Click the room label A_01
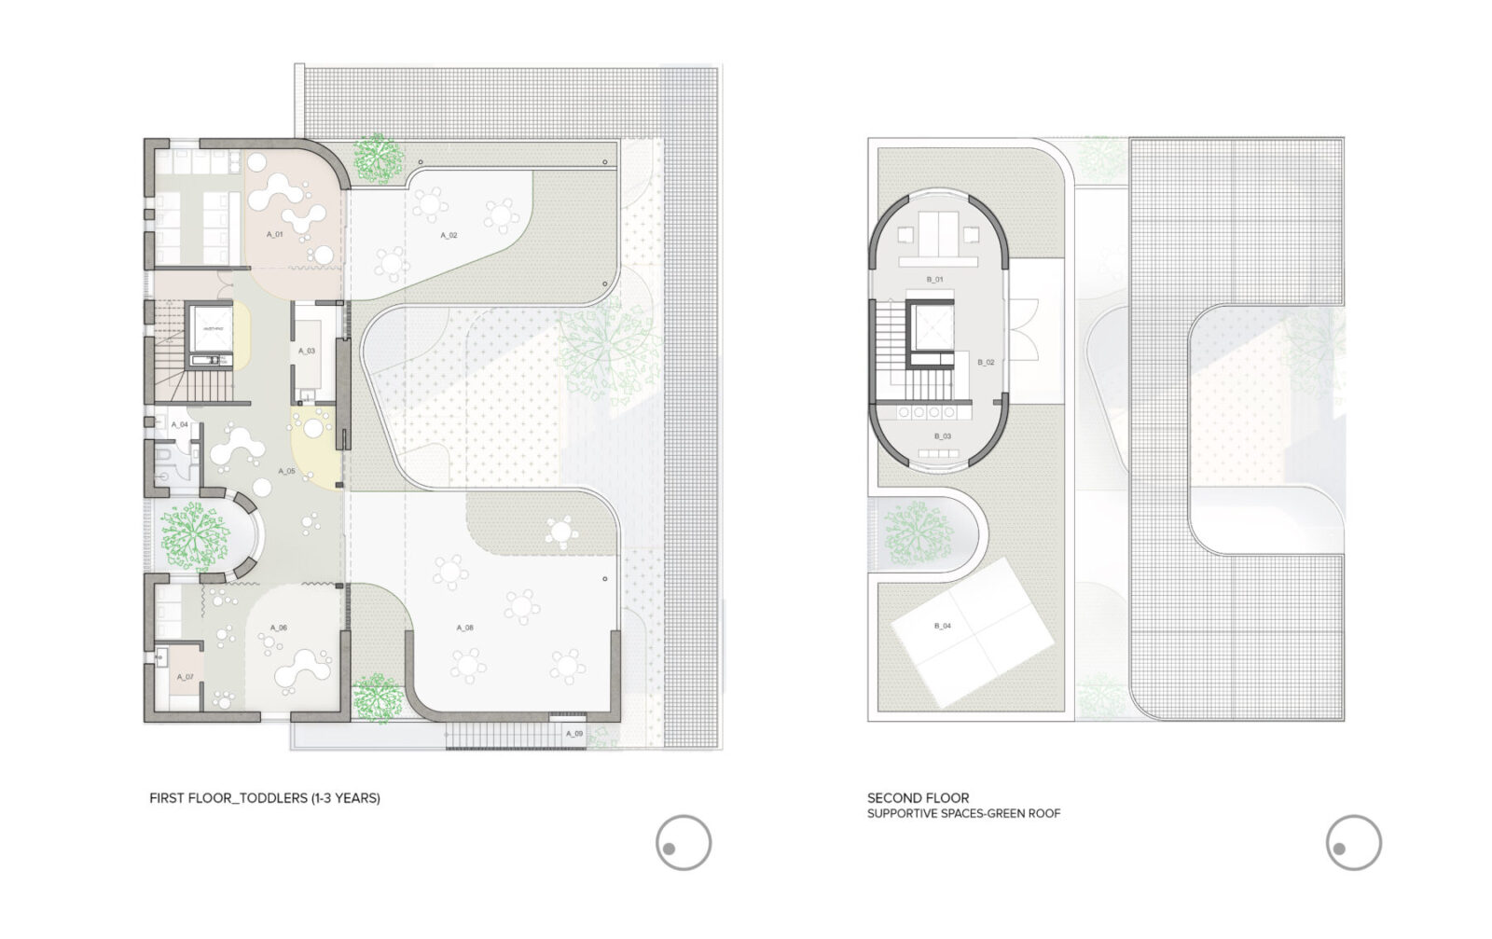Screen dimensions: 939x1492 [x=274, y=234]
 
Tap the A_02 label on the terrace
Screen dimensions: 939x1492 [x=449, y=236]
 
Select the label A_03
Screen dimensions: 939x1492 [x=307, y=352]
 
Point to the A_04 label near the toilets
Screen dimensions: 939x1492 [x=180, y=424]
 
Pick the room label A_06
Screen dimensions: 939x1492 [x=279, y=628]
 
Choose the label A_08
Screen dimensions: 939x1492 [x=464, y=628]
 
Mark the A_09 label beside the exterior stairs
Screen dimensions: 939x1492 [x=574, y=734]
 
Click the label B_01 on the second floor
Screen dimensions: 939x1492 [x=934, y=280]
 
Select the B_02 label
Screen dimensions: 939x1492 [x=986, y=362]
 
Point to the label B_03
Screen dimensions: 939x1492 [x=942, y=436]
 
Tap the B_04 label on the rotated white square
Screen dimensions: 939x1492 [x=943, y=626]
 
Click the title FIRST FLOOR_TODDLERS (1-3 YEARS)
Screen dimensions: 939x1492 [x=265, y=798]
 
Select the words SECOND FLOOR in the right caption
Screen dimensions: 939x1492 [x=918, y=798]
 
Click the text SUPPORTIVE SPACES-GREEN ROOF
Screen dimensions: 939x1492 [x=963, y=814]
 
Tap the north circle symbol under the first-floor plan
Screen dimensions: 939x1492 [x=683, y=843]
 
